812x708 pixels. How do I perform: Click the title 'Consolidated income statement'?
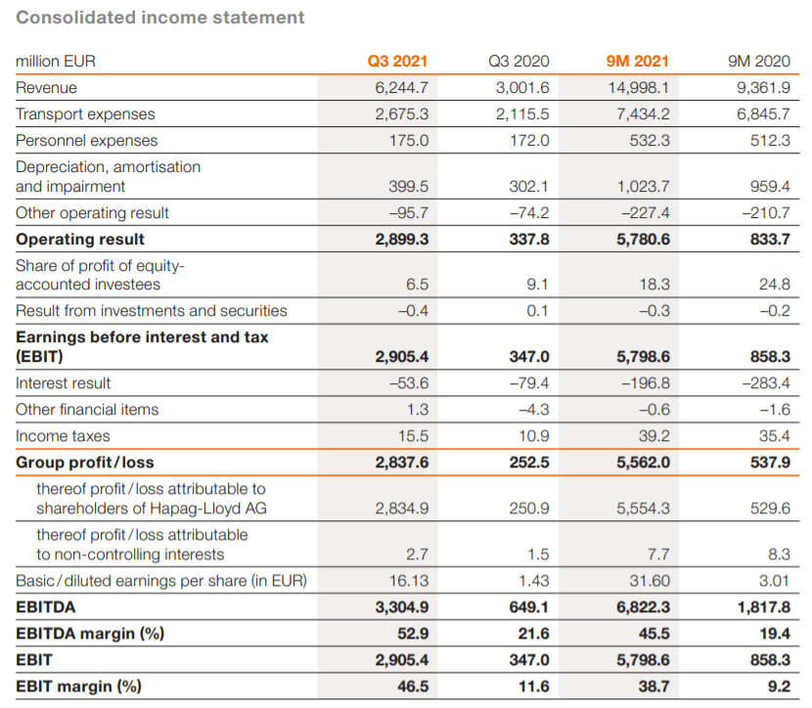[160, 17]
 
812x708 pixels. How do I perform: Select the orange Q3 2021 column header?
[397, 61]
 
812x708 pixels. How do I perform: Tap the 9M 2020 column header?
[758, 61]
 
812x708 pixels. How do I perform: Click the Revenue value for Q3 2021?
[402, 87]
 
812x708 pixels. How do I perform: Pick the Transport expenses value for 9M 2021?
[643, 113]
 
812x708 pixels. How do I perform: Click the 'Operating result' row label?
[80, 240]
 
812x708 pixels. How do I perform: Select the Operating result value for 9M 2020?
[770, 240]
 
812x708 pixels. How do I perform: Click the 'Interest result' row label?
[64, 383]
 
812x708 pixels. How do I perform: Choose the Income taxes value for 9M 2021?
[654, 436]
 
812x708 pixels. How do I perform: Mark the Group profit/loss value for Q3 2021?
[402, 463]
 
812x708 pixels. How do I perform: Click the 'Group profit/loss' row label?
[85, 463]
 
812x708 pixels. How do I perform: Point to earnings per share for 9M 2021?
[650, 581]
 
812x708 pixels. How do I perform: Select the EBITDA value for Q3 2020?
[528, 607]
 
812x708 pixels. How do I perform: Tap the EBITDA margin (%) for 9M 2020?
[775, 634]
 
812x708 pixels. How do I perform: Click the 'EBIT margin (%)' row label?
[78, 686]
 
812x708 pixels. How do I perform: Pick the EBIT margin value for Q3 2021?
[413, 686]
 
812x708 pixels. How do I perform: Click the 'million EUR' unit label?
[56, 61]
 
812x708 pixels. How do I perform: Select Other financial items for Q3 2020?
[534, 410]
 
